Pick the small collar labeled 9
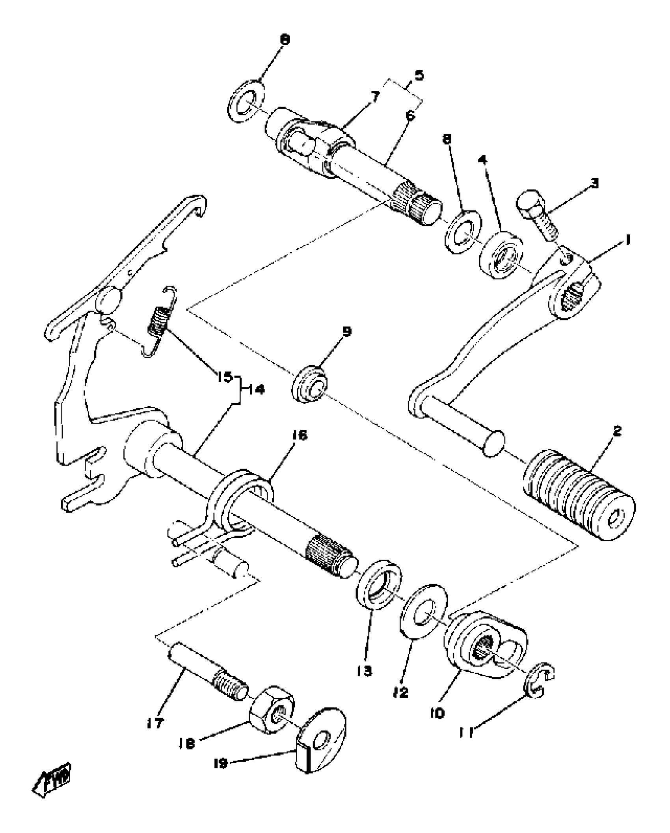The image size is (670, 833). [310, 384]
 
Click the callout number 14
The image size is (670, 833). [256, 390]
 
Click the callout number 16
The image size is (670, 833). [300, 435]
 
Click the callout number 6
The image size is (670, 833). [410, 116]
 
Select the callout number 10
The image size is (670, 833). [437, 712]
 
